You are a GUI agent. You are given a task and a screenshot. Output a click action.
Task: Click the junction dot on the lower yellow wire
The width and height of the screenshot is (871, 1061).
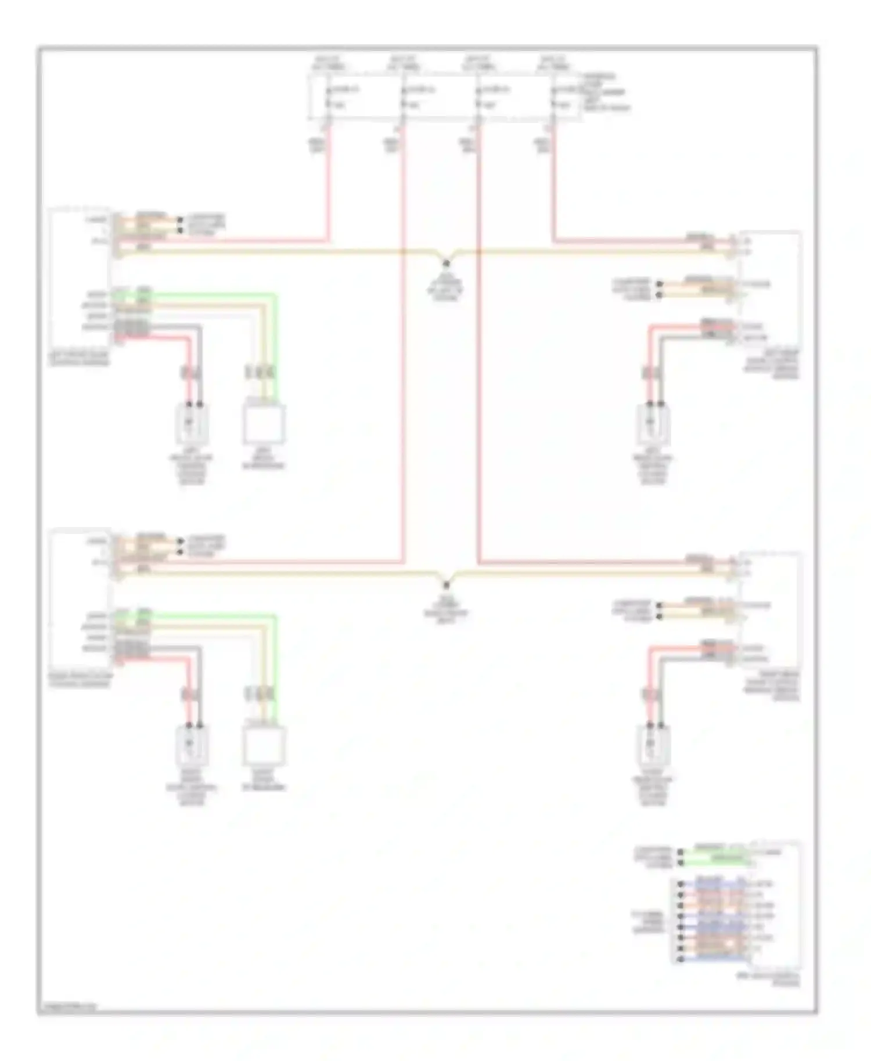point(447,585)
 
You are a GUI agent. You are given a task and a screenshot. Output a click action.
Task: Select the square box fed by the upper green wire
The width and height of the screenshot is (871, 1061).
point(264,424)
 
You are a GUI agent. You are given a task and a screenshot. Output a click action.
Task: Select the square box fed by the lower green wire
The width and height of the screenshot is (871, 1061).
point(264,746)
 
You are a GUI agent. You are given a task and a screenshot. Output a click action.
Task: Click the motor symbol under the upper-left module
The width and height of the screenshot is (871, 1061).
point(192,424)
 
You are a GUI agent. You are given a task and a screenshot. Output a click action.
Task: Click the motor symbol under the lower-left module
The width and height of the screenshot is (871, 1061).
point(192,746)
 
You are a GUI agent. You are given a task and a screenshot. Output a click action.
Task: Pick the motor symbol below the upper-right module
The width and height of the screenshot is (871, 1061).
point(653,424)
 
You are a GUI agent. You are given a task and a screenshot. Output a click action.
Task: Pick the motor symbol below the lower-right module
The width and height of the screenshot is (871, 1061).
point(653,746)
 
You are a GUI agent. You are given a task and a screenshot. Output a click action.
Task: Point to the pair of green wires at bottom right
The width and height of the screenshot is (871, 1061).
point(714,857)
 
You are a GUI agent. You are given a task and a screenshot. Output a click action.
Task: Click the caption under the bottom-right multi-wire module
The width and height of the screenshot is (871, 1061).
point(768,980)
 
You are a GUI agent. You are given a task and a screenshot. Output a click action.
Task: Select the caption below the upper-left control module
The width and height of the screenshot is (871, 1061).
point(79,360)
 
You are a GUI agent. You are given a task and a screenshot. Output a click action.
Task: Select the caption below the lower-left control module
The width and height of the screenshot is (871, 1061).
point(79,680)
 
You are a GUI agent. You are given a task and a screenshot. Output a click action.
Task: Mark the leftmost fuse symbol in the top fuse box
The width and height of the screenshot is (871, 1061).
point(328,98)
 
